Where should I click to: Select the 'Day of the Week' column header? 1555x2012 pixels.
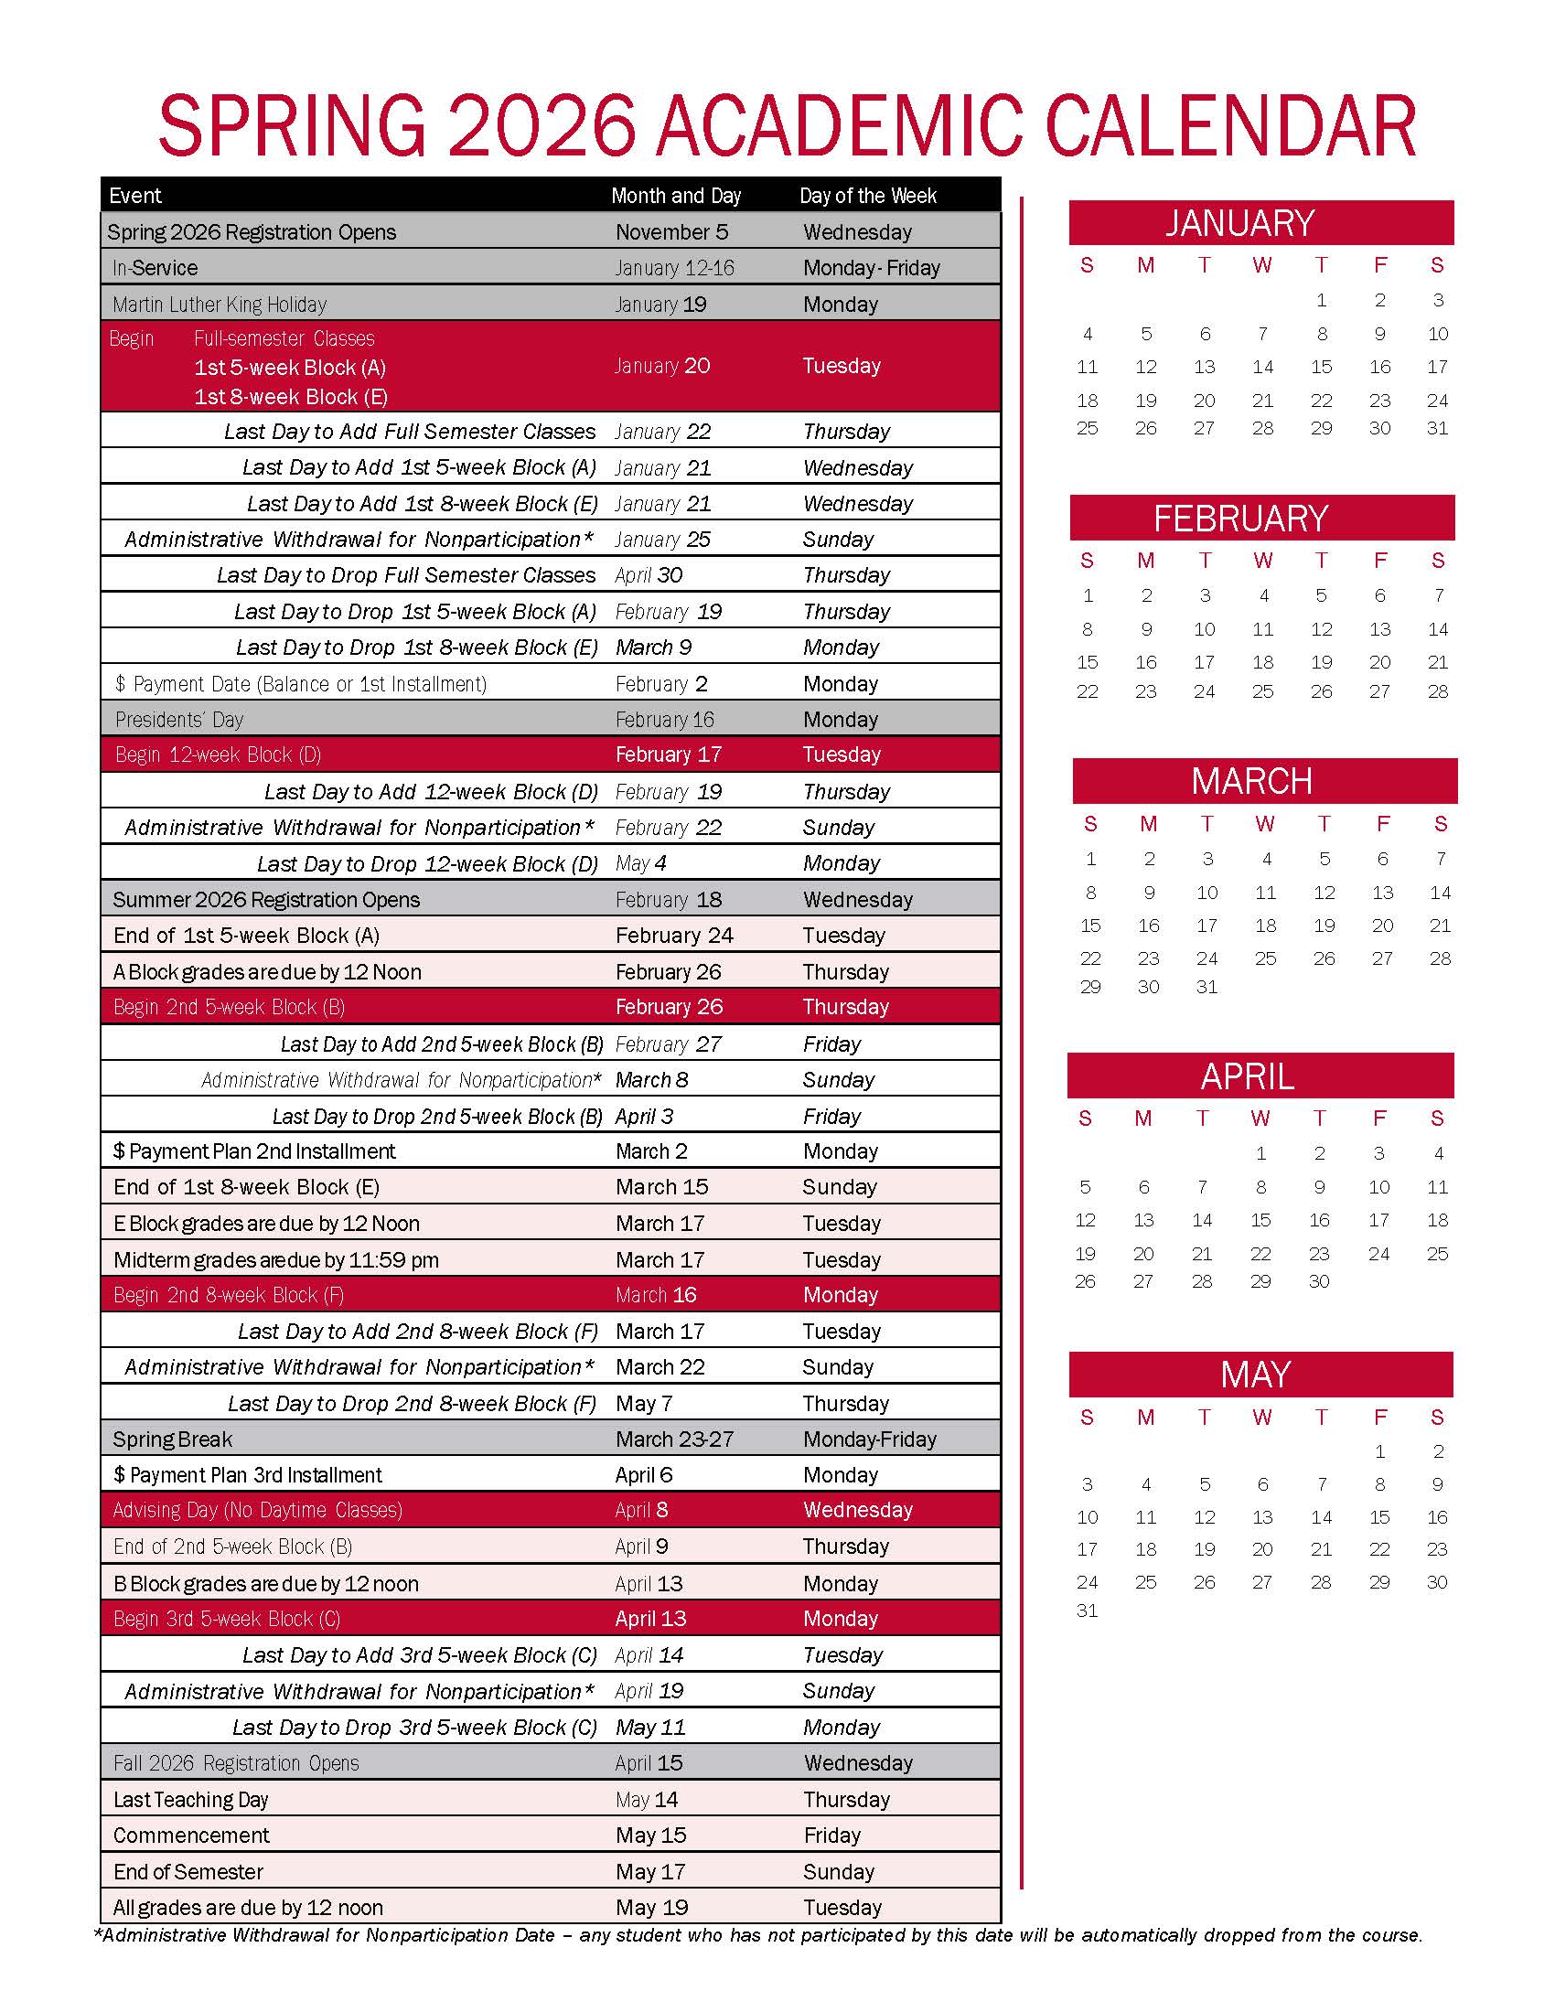(867, 196)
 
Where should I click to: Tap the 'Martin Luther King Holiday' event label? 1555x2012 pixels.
(220, 304)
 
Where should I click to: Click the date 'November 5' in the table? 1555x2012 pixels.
(671, 232)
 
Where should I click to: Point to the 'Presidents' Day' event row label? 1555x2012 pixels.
(178, 720)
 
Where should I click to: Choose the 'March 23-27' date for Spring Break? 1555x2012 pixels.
(674, 1439)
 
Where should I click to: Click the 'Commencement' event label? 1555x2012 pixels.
(190, 1835)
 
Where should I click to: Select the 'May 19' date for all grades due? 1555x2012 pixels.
(651, 1907)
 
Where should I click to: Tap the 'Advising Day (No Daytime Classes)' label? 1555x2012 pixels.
(257, 1510)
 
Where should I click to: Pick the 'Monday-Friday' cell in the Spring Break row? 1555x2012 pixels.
(869, 1439)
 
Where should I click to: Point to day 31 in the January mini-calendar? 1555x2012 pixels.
(1437, 428)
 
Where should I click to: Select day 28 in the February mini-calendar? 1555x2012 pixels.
(1437, 692)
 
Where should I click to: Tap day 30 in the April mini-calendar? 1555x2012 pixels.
(1319, 1281)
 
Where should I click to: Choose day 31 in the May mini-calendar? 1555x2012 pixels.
(1087, 1611)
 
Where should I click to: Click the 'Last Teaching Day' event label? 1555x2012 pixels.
(189, 1799)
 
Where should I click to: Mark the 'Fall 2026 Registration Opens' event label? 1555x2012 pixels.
(236, 1763)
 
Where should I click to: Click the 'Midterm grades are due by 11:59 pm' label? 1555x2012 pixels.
(275, 1259)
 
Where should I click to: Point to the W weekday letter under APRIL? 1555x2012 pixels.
(1260, 1118)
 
